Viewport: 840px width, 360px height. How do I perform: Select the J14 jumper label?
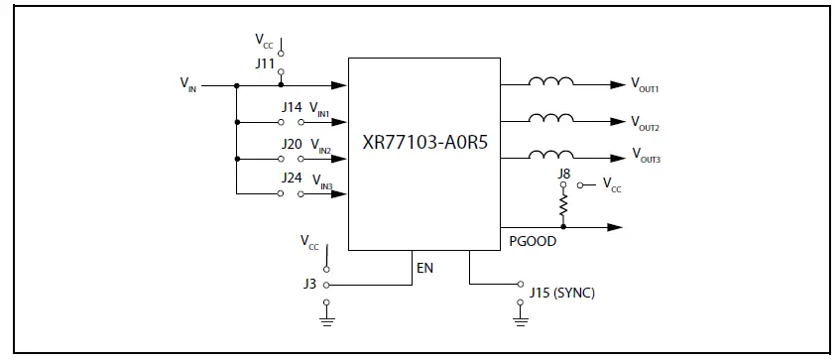(x=291, y=107)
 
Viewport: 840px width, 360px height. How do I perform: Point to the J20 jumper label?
(x=291, y=144)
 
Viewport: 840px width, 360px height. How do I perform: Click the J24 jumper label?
(x=291, y=179)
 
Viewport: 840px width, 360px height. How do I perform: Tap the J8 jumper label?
(x=563, y=174)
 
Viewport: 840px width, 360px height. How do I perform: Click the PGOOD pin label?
(x=532, y=241)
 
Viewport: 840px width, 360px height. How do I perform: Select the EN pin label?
(x=424, y=268)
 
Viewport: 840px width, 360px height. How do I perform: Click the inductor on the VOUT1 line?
(x=551, y=83)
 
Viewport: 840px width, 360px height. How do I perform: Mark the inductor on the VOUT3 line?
(x=551, y=153)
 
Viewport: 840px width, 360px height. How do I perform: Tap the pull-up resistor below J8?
(x=563, y=206)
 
